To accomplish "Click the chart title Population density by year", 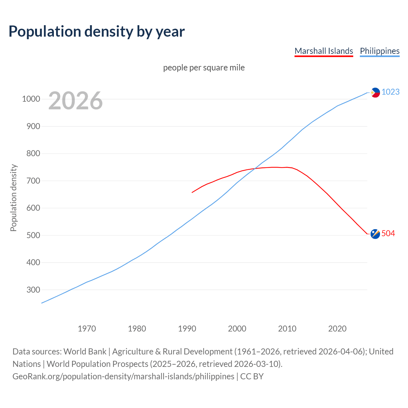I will tap(97, 31).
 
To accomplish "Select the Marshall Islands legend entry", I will tap(324, 51).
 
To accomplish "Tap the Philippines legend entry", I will tap(380, 51).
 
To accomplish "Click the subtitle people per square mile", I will tap(204, 68).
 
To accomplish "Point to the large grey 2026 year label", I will tap(76, 101).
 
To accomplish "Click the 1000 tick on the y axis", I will tap(31, 99).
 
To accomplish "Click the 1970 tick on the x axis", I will tap(87, 328).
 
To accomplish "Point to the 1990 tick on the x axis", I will tap(187, 328).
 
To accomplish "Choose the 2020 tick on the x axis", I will tap(337, 328).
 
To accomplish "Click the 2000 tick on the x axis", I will tap(237, 328).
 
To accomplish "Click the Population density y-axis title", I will tap(13, 198).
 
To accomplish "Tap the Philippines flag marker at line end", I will tap(375, 92).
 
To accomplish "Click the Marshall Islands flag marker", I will tap(375, 234).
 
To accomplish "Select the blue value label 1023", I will tap(390, 92).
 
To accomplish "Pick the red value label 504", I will tap(388, 234).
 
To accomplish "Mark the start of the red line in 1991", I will tap(192, 192).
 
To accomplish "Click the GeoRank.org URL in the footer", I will tap(123, 376).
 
